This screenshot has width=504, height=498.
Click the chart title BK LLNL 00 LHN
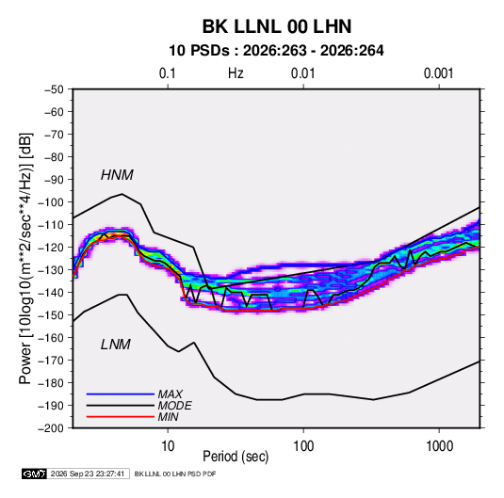coord(277,26)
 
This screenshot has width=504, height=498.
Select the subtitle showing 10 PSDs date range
coord(276,51)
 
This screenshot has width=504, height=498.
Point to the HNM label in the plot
coord(117,175)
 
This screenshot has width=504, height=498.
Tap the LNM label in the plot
coord(116,345)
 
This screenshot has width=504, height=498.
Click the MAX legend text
coord(171,394)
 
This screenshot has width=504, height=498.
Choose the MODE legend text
coord(175,406)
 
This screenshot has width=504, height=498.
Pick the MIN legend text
coord(168,417)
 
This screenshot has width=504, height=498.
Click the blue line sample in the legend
coord(121,394)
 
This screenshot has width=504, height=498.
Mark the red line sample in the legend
coord(121,417)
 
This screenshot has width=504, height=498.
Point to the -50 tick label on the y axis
coord(54,89)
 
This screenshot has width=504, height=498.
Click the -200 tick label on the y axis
coord(51,428)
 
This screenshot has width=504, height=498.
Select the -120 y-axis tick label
coord(51,248)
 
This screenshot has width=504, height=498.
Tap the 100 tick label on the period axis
coord(303,446)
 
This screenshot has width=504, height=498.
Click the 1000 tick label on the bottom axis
coord(439,446)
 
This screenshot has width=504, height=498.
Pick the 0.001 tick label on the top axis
coord(438,73)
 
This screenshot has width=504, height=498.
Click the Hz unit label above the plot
coord(236,73)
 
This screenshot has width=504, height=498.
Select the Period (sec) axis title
coord(236,457)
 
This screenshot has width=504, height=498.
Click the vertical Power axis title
coord(25,258)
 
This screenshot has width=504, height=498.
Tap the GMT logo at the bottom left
coord(34,474)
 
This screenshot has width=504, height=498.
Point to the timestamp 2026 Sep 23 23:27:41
coord(88,474)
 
